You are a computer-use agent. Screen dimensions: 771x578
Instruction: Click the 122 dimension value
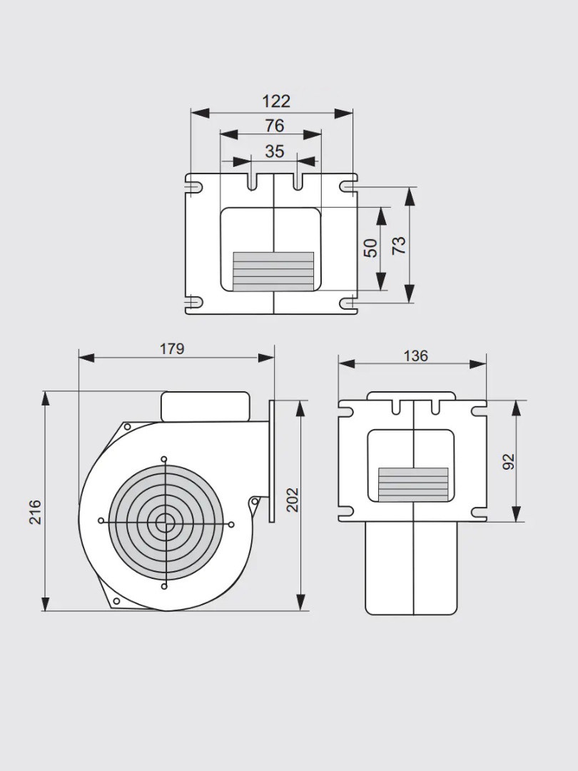[275, 101]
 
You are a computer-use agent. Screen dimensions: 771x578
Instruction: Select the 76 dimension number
[274, 126]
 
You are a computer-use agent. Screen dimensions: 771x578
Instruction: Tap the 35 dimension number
[274, 151]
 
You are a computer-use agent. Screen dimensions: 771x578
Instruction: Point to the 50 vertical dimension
[370, 248]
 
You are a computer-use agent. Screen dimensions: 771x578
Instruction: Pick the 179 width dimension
[172, 348]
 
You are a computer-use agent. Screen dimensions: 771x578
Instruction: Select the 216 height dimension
[35, 512]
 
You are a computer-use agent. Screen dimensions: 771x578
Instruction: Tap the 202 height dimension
[292, 499]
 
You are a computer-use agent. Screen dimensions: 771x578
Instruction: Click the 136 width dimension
[415, 356]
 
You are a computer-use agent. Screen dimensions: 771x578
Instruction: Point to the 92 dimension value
[509, 462]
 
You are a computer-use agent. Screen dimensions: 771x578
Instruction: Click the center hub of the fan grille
[165, 521]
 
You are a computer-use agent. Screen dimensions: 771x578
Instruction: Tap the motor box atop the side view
[205, 406]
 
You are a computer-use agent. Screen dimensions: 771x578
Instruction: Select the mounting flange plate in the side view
[272, 460]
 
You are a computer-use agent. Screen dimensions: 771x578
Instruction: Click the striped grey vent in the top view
[273, 271]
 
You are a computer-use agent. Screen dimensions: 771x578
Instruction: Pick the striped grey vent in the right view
[412, 483]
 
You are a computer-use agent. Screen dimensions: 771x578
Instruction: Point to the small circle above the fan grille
[164, 459]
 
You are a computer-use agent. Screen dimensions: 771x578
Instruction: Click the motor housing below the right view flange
[411, 568]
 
